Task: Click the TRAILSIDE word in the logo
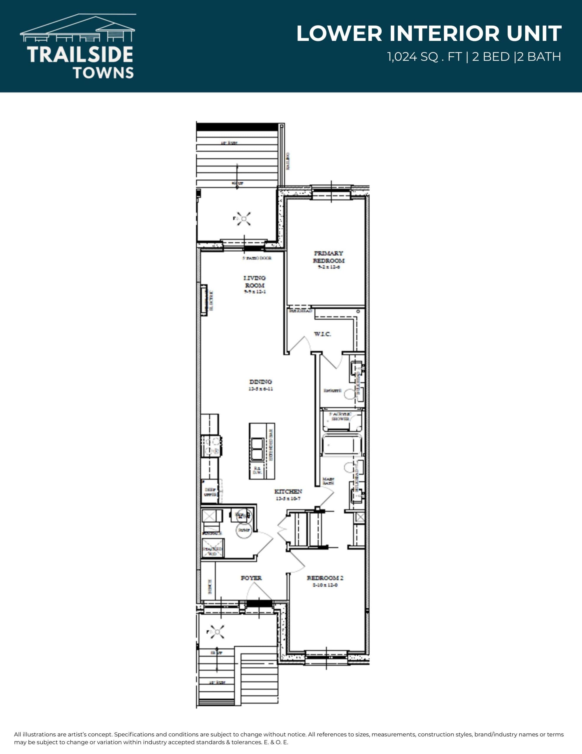[x=80, y=54]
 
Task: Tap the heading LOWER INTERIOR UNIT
[x=429, y=34]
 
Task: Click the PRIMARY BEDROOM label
[x=328, y=257]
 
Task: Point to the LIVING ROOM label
[x=255, y=281]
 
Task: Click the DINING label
[x=260, y=381]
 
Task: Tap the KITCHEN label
[x=288, y=491]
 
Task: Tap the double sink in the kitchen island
[x=257, y=449]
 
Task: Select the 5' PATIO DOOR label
[x=257, y=258]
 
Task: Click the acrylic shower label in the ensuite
[x=340, y=416]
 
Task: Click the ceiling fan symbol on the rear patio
[x=244, y=219]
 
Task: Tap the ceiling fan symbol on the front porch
[x=217, y=632]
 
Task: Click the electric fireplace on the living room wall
[x=204, y=300]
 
